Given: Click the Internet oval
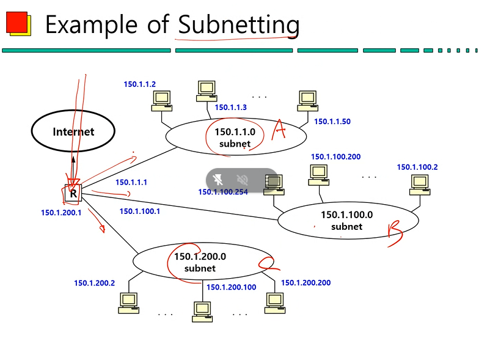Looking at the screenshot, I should pos(73,131).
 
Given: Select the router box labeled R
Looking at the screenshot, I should pos(73,194).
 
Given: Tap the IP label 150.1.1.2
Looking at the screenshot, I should pos(139,84).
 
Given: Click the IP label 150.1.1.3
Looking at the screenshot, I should pos(230,108).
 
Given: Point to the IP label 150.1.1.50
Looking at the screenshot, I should pos(332,122).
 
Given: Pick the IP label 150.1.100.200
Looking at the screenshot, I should pos(335,157).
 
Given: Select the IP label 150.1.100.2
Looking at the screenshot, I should pos(417,167).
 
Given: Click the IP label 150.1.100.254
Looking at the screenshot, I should pos(223,192).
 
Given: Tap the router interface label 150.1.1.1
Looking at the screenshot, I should pos(131,182).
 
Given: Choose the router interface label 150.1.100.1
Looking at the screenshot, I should pos(139,211).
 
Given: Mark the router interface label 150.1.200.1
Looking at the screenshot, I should pos(61,213).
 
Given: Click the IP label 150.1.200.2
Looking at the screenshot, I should pos(95,283).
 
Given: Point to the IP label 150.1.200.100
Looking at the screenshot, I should pos(231,287).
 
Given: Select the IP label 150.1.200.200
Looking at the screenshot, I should pos(306,283).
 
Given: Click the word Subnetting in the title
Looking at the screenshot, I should pos(238,24).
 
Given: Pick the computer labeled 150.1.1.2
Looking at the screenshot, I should pos(161,100).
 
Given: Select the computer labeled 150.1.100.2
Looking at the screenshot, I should pos(419,183).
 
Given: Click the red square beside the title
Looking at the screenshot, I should pos(16,23).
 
